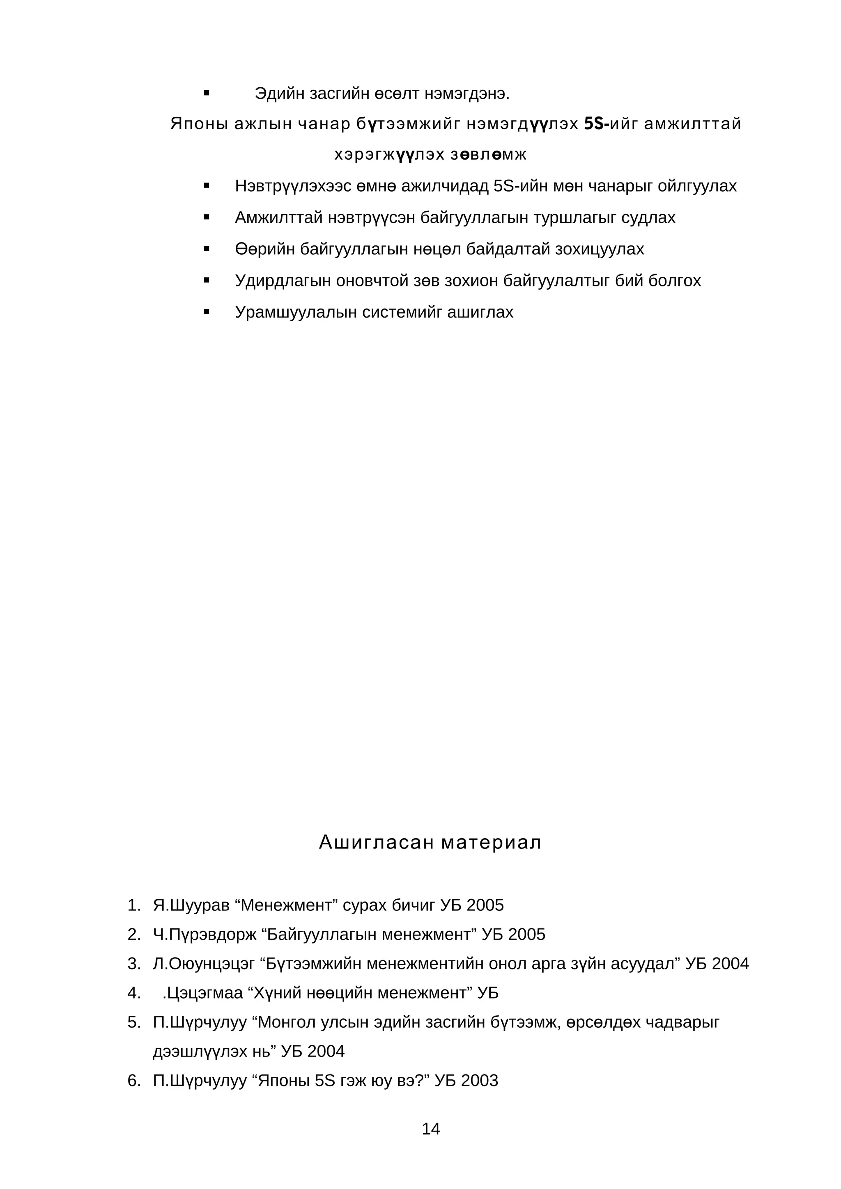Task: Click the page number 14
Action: point(431,1128)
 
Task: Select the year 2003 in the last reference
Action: point(479,1081)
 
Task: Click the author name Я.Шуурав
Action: point(191,905)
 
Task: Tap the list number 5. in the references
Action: point(134,1022)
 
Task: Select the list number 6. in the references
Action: point(134,1081)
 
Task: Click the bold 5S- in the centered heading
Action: point(596,124)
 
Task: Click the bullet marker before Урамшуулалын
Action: point(207,312)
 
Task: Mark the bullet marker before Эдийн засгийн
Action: point(207,94)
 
